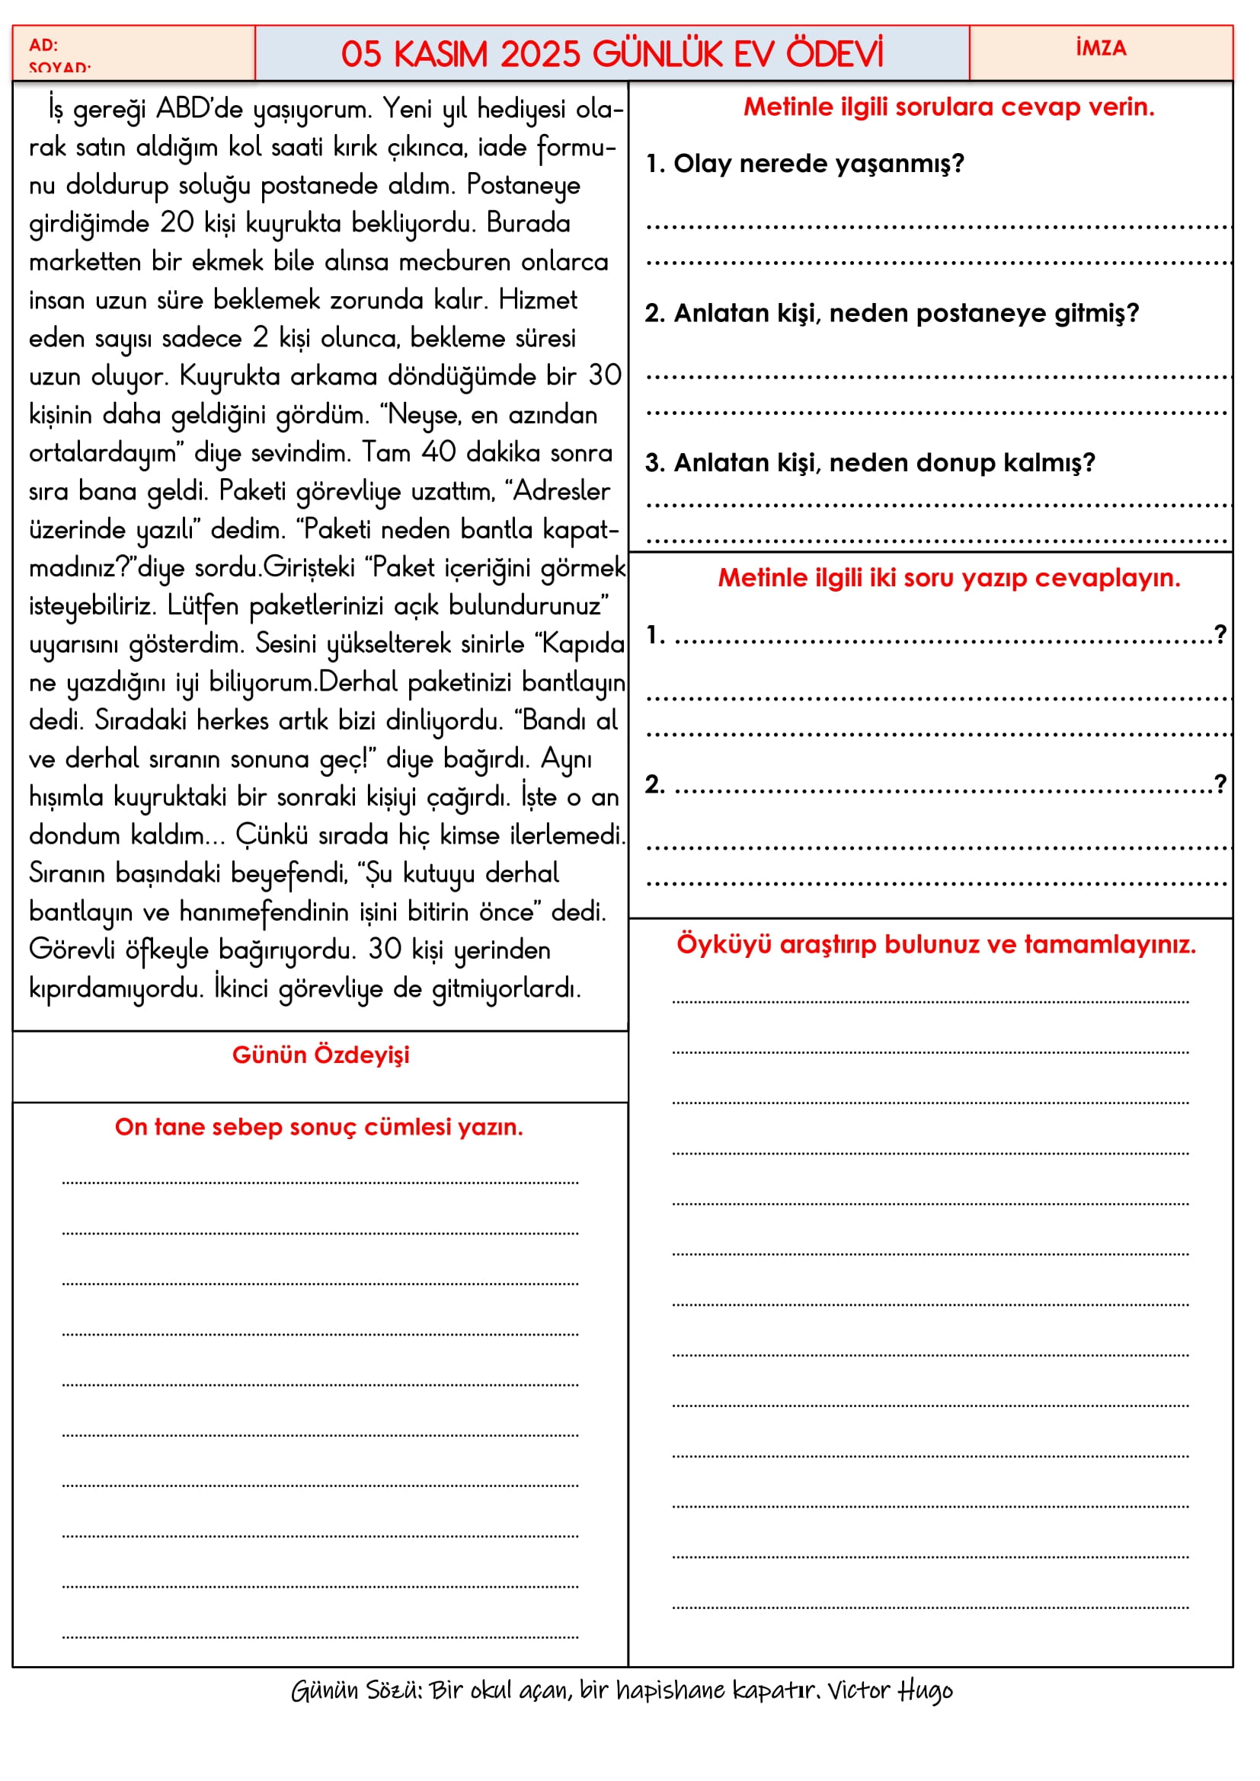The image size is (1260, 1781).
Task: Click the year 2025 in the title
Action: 540,54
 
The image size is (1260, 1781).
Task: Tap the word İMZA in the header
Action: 1101,48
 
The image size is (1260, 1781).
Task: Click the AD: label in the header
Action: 43,45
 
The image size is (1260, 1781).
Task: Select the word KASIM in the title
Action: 440,54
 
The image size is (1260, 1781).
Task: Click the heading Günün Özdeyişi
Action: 321,1055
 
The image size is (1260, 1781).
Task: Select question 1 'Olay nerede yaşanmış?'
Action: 805,164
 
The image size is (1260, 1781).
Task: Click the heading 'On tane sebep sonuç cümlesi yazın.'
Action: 319,1127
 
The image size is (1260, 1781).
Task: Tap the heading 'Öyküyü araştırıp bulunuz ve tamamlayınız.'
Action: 935,944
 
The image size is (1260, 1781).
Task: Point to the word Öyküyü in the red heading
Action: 724,944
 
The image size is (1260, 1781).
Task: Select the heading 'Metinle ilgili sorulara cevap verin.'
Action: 948,107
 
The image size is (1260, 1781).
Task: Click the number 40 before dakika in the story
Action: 438,452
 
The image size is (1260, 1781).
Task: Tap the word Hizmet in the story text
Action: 538,299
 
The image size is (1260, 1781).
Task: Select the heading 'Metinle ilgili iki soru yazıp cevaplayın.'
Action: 948,578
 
